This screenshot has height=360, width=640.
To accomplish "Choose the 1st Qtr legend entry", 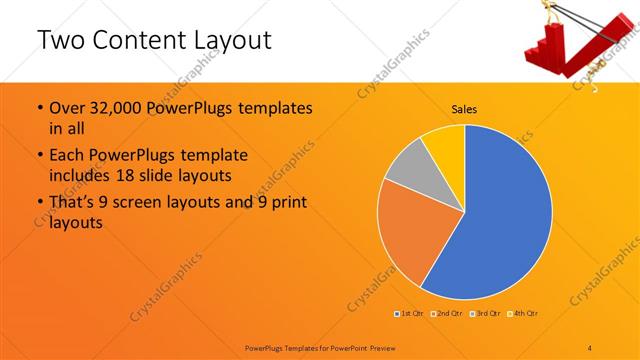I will tap(409, 314).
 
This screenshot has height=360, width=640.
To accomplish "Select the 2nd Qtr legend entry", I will tap(446, 314).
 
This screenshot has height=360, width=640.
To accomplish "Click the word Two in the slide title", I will tap(63, 40).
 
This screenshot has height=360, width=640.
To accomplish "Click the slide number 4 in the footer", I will tap(590, 346).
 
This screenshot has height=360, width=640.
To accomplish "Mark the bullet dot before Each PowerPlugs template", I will tap(39, 157).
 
